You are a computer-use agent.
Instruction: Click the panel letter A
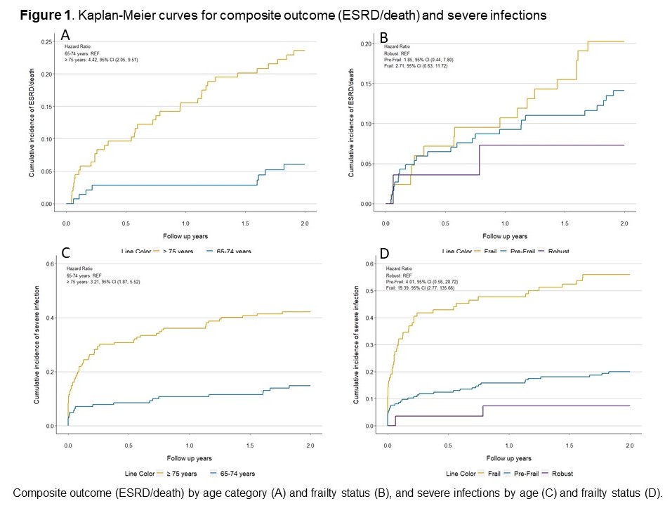[65, 34]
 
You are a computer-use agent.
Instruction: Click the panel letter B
[384, 37]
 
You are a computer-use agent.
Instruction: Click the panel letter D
[384, 252]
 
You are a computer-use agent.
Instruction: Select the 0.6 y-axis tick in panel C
[51, 264]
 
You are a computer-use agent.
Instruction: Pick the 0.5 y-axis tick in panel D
[370, 291]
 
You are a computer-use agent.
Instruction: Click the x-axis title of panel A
[185, 236]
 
